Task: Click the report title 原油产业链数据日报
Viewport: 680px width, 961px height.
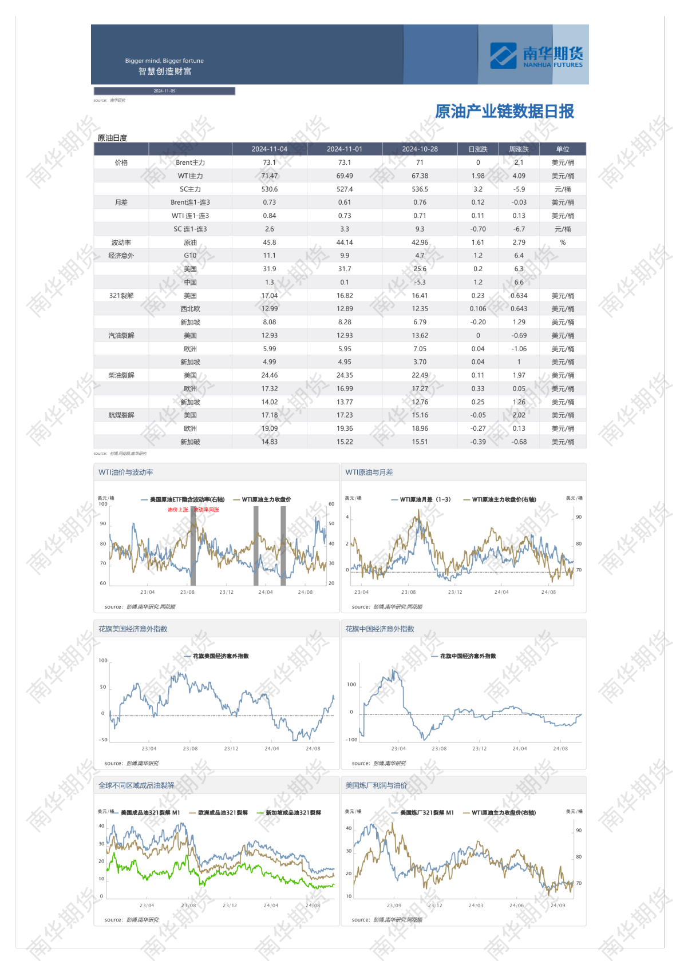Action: click(x=504, y=112)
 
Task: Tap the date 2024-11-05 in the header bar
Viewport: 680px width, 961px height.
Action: click(x=164, y=91)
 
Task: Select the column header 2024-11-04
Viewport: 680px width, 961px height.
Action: click(x=270, y=149)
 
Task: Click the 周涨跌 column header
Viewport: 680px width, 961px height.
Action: click(x=519, y=149)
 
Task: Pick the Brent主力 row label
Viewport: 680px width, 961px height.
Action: click(x=190, y=163)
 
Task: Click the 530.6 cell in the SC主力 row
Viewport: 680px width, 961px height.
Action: click(x=270, y=189)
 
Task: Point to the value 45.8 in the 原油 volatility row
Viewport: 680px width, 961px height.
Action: click(x=270, y=243)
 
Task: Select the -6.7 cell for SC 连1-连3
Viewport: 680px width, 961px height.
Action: click(x=519, y=229)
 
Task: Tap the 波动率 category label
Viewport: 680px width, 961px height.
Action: click(x=121, y=243)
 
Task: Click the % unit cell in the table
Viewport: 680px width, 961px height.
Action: click(x=563, y=243)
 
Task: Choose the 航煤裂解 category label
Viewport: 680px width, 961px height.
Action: click(x=121, y=415)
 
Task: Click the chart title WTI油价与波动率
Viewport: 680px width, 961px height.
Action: click(x=126, y=472)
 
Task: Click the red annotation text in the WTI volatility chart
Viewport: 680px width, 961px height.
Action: click(x=193, y=510)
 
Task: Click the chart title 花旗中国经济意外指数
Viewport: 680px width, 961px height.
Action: click(x=379, y=629)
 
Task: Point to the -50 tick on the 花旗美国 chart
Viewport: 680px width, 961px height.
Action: click(x=103, y=740)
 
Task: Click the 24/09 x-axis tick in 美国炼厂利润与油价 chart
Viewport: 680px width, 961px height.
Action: click(x=558, y=906)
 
